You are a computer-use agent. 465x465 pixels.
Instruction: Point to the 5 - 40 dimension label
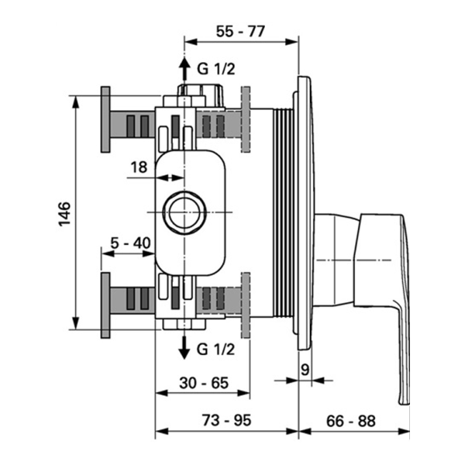click(x=129, y=243)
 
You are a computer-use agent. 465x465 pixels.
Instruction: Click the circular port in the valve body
click(x=184, y=210)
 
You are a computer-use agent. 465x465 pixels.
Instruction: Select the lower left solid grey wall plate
click(x=105, y=303)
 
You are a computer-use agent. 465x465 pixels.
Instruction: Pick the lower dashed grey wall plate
click(x=247, y=303)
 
